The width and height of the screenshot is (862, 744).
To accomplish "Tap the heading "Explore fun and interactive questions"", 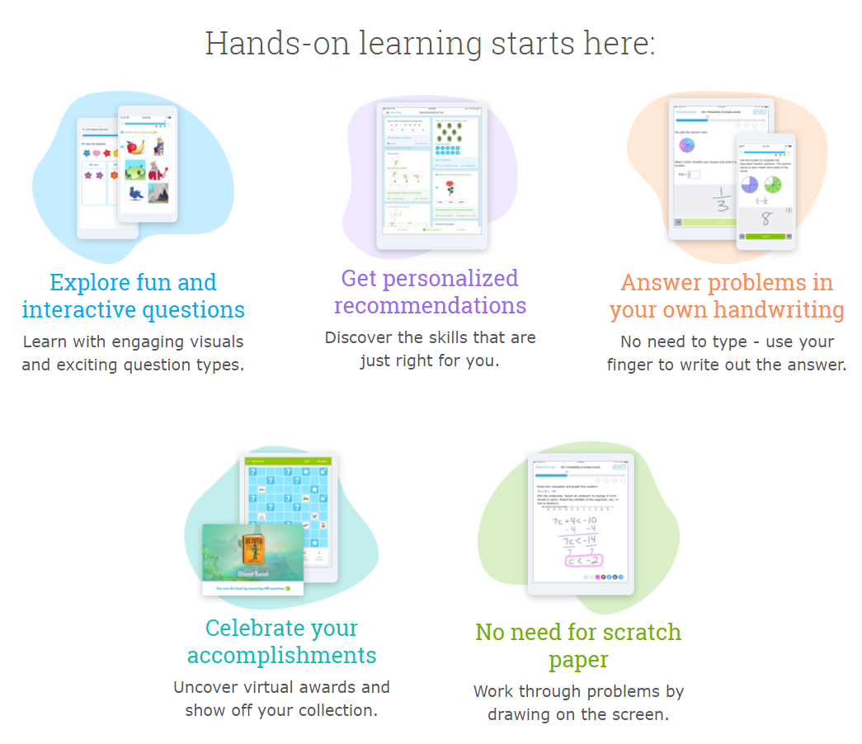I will pos(133,296).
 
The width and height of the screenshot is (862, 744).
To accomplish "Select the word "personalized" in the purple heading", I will pos(429,279).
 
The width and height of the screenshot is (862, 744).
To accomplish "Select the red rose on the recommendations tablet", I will pos(450,188).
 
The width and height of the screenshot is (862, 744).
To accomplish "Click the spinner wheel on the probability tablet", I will pos(686,146).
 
